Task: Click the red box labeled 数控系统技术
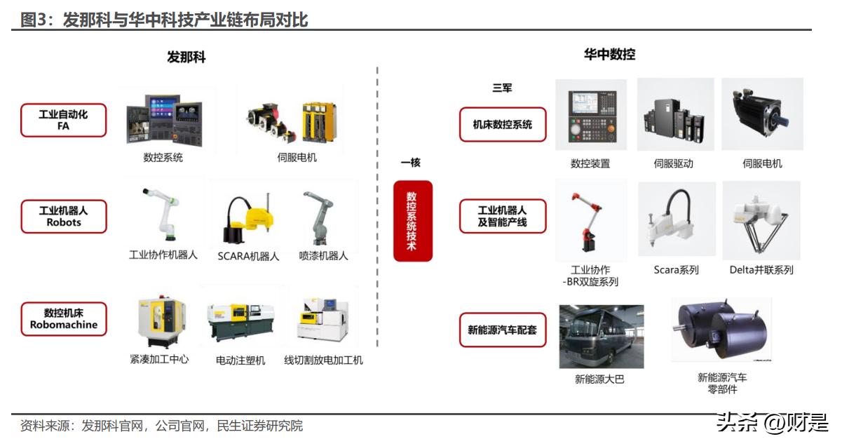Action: coord(413,221)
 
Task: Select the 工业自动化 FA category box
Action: coord(63,120)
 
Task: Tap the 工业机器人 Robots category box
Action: coord(64,216)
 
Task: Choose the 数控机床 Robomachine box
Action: coord(64,319)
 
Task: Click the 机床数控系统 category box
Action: coord(502,125)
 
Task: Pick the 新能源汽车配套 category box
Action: coord(502,330)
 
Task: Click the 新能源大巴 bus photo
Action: coord(601,336)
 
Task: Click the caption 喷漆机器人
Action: coord(323,256)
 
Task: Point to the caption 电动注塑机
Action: coord(240,360)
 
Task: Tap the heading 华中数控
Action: coord(609,54)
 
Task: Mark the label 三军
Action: coord(502,88)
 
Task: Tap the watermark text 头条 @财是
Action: coord(771,423)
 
